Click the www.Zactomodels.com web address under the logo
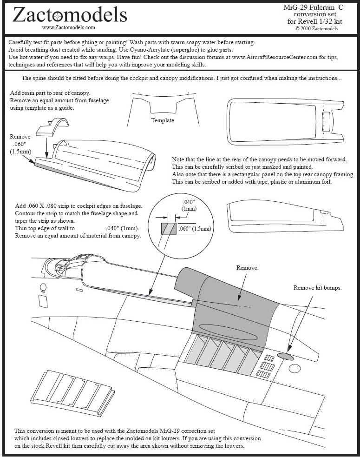point(69,27)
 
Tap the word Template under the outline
point(163,120)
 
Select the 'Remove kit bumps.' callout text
point(317,288)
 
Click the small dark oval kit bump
point(286,356)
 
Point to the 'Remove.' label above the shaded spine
point(247,268)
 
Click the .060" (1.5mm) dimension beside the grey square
point(195,228)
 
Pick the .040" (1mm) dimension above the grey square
point(189,206)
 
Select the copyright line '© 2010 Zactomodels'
point(317,28)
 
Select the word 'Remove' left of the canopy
point(20,137)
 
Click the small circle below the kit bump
point(294,369)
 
